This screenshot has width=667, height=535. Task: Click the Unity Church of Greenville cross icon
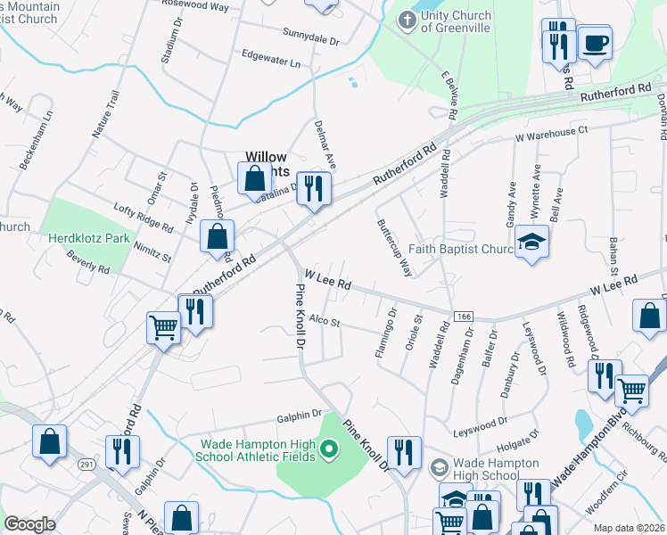pyautogui.click(x=407, y=21)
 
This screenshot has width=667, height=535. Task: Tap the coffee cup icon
pyautogui.click(x=595, y=43)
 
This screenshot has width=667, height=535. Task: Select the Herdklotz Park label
pyautogui.click(x=89, y=238)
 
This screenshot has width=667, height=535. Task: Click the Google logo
pyautogui.click(x=29, y=524)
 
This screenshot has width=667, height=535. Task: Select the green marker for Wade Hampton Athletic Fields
pyautogui.click(x=329, y=449)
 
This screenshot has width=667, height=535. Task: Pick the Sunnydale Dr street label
pyautogui.click(x=312, y=41)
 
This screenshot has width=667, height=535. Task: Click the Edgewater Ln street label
pyautogui.click(x=270, y=59)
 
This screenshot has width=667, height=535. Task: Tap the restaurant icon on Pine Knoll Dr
pyautogui.click(x=405, y=451)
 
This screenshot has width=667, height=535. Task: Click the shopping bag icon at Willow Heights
pyautogui.click(x=254, y=177)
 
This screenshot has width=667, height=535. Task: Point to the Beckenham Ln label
pyautogui.click(x=36, y=140)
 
